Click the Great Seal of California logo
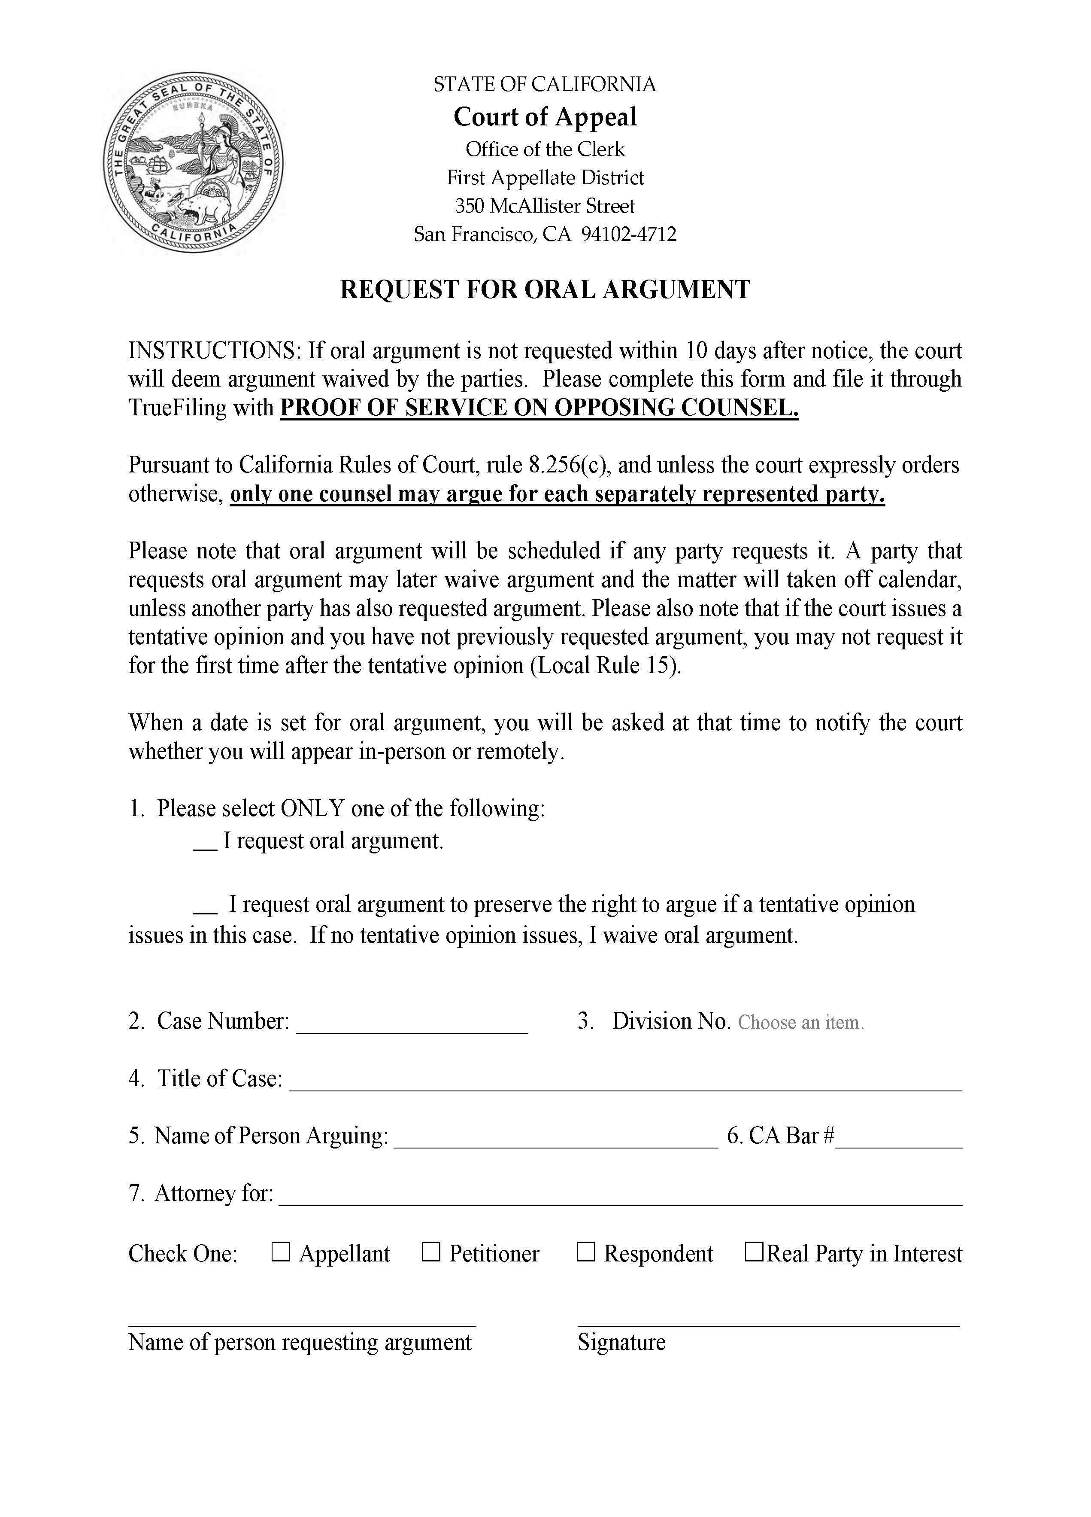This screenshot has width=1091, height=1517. [x=193, y=162]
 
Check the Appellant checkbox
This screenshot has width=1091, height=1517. [x=281, y=1252]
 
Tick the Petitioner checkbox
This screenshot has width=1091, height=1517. [x=431, y=1252]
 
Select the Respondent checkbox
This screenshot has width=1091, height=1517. [x=585, y=1252]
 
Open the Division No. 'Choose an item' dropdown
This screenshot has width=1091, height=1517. [x=800, y=1023]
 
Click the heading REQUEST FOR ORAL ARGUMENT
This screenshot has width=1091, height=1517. [x=545, y=289]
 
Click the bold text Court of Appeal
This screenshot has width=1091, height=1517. [x=545, y=117]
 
